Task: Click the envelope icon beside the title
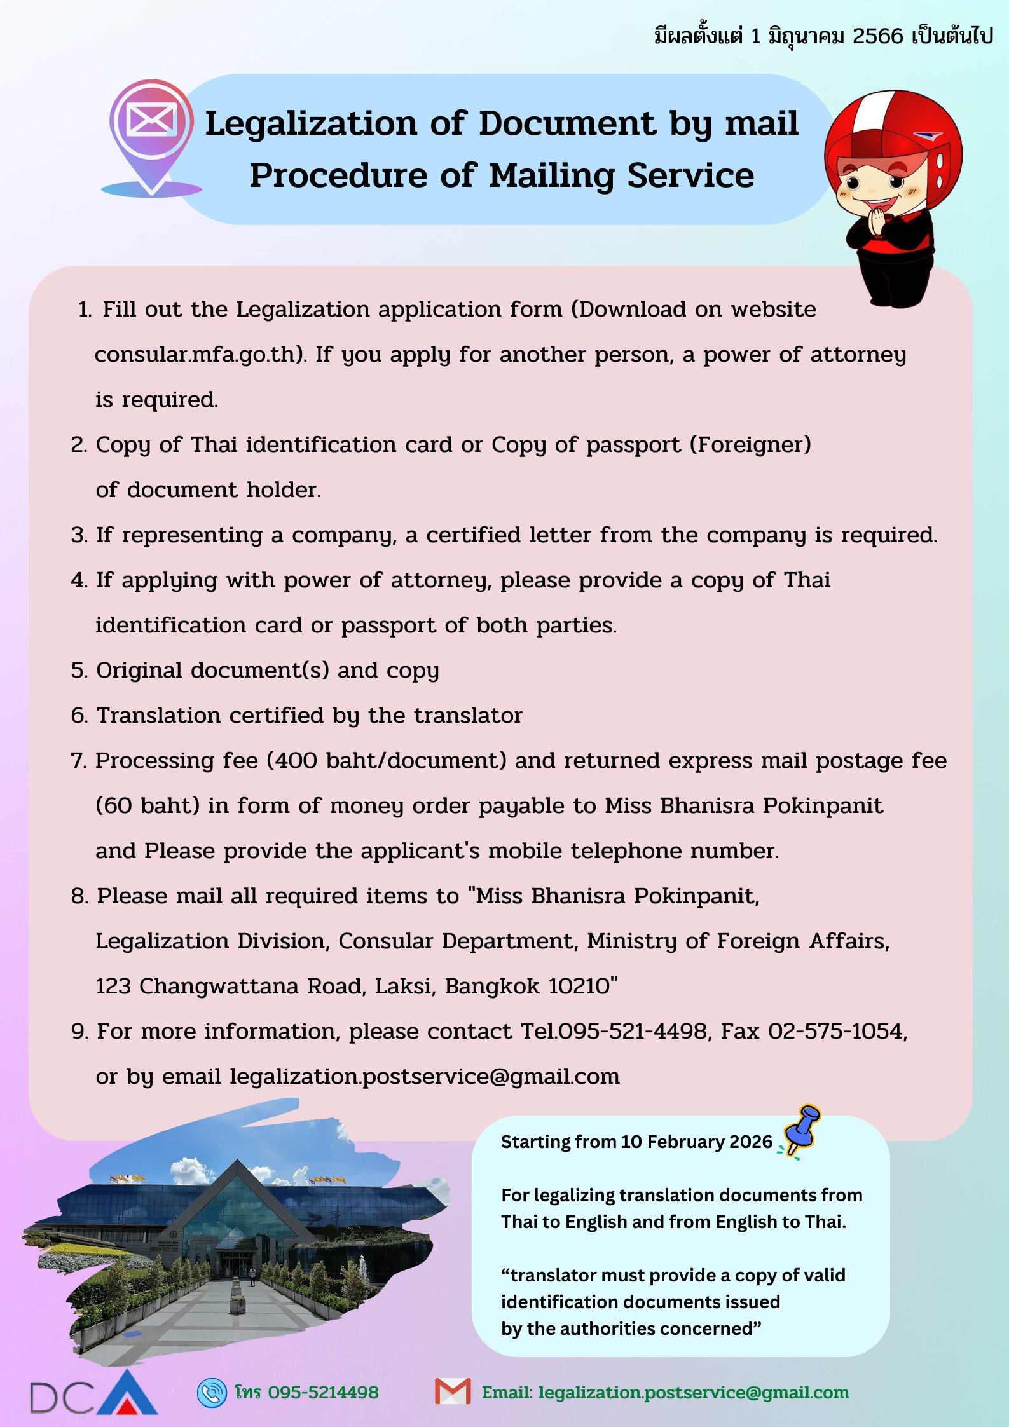click(151, 119)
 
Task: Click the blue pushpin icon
click(803, 1128)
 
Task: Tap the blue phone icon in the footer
click(212, 1393)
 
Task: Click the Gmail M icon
click(453, 1392)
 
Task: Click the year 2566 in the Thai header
click(877, 36)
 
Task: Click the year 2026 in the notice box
click(751, 1142)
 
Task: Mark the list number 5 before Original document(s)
click(78, 671)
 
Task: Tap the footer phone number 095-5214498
click(323, 1393)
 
